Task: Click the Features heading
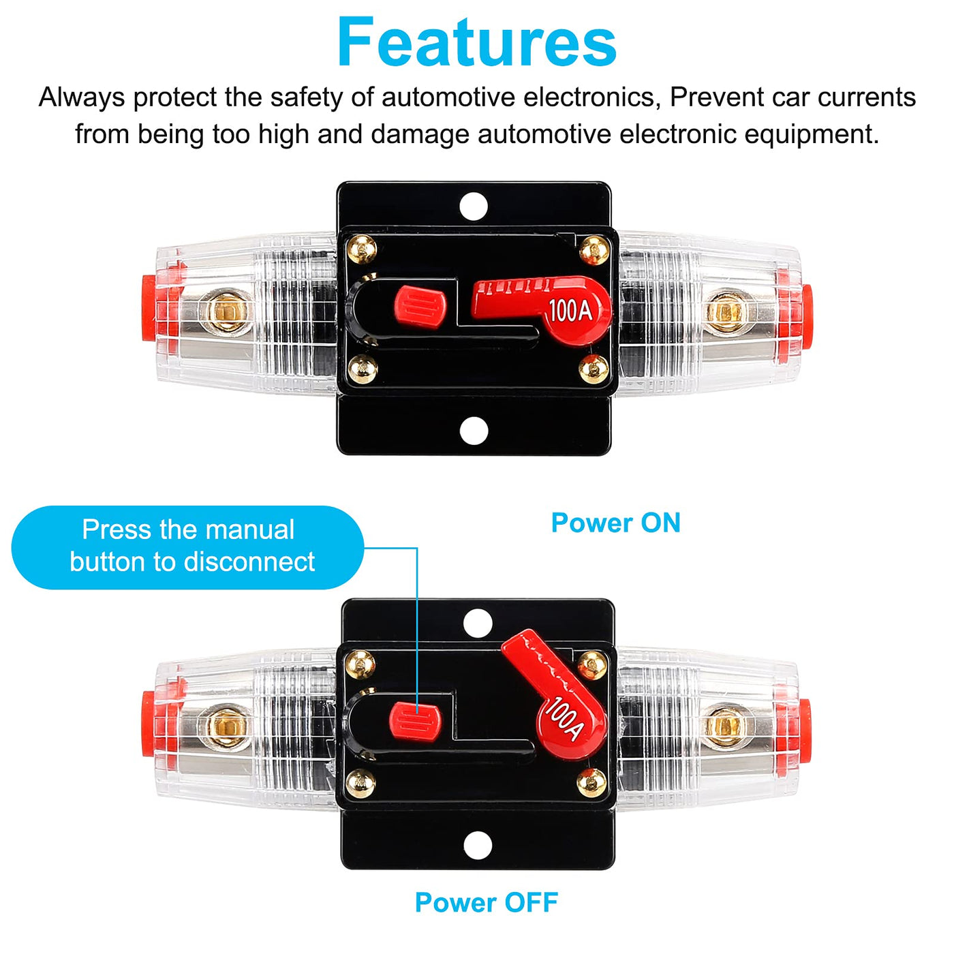(x=477, y=42)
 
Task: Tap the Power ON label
(x=615, y=523)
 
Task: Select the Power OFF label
(x=486, y=902)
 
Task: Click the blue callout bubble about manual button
(x=188, y=547)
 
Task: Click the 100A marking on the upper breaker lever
(x=570, y=311)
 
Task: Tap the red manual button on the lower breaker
(x=415, y=722)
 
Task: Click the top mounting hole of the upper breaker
(x=474, y=206)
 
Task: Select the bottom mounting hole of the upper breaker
(x=474, y=431)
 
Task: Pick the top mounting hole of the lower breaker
(x=478, y=623)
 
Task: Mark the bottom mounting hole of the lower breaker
(x=478, y=846)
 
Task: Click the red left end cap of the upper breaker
(x=151, y=308)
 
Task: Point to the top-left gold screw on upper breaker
(x=361, y=249)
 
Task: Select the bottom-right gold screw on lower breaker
(x=591, y=783)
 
